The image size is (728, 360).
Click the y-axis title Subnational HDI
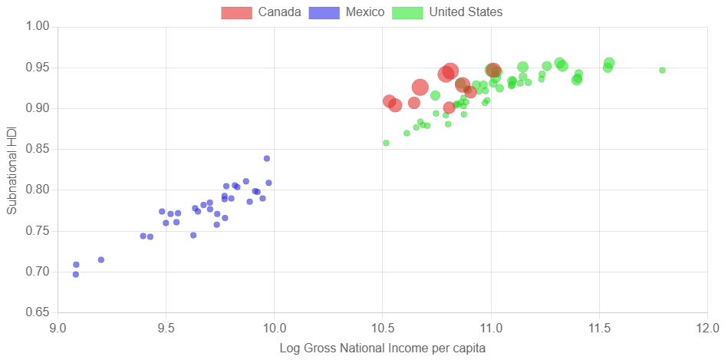12,170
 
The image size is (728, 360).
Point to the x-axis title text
382,348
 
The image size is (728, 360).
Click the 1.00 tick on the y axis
38,27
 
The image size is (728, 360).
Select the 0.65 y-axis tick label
38,312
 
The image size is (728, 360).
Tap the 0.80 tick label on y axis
38,190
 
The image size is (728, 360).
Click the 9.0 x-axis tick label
58,329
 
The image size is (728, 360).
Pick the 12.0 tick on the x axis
707,329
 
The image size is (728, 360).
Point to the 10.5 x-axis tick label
382,329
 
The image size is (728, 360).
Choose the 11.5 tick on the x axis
598,329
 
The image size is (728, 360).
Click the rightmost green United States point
662,70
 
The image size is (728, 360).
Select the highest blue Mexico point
267,159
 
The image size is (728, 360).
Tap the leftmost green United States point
386,143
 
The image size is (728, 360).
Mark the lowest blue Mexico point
75,274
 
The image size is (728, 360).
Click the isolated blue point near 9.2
101,259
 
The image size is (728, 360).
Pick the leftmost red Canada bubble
390,101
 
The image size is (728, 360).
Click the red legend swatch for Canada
236,12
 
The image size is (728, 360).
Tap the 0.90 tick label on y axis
38,108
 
